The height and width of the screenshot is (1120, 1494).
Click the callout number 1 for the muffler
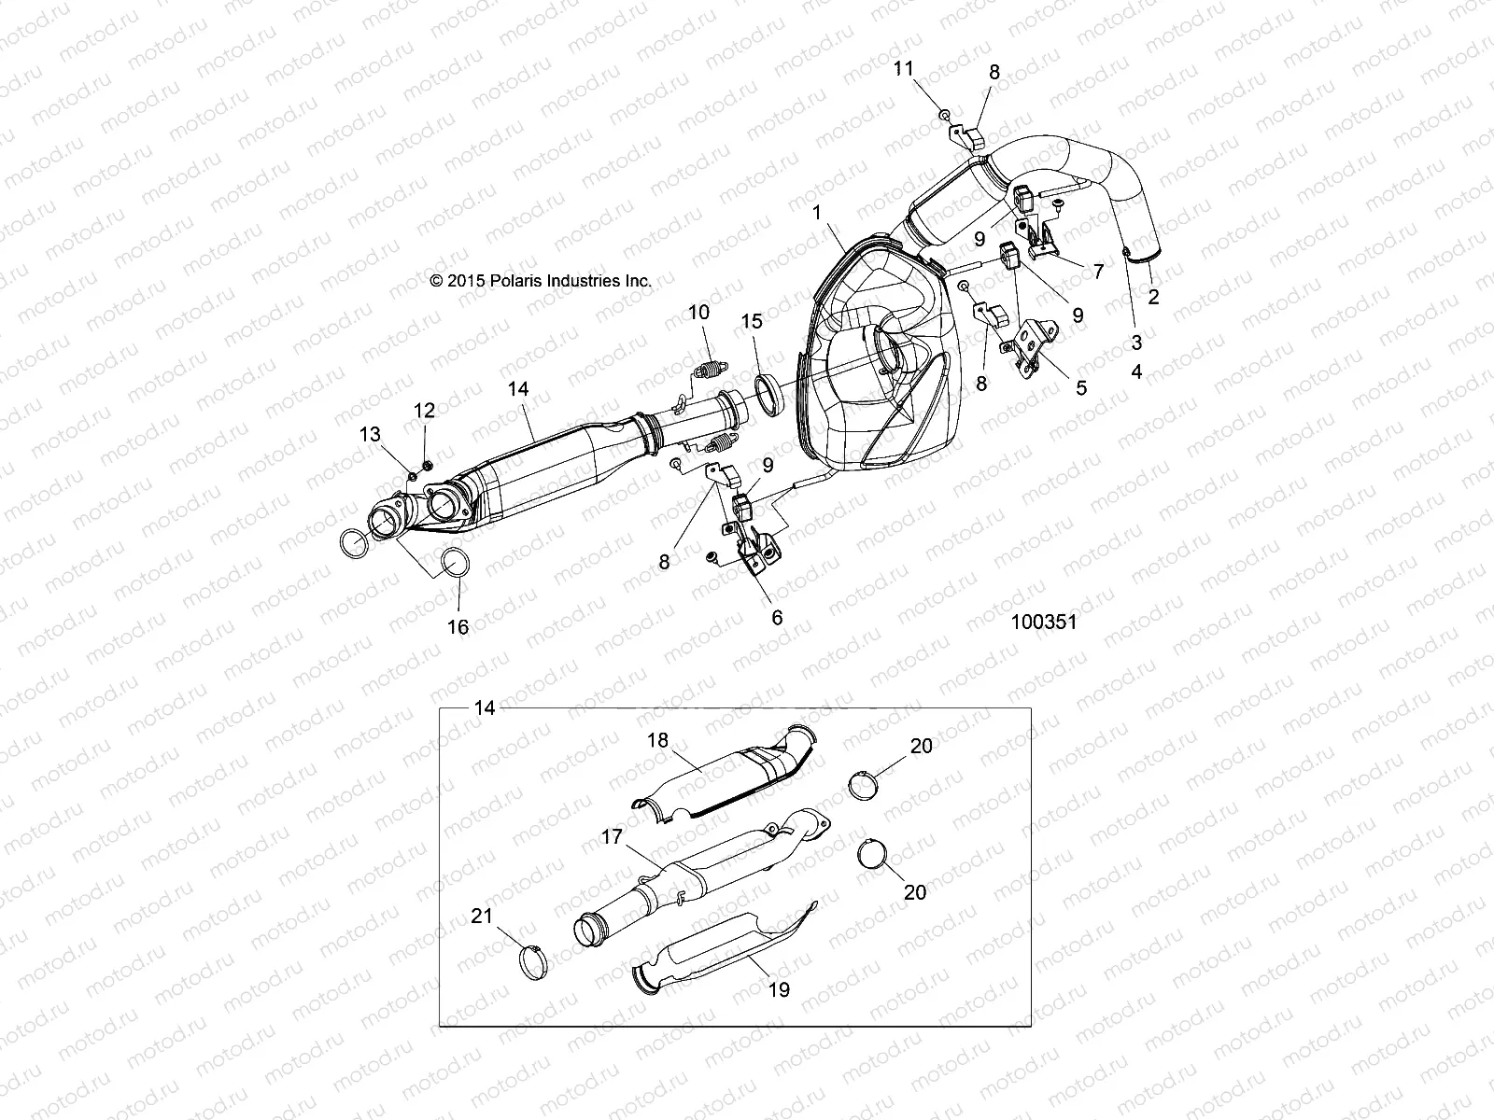817,213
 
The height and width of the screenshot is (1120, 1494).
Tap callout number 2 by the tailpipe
1153,297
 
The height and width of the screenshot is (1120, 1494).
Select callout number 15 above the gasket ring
752,322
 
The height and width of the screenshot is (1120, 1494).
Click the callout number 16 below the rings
458,627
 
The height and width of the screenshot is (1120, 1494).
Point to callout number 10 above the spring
699,312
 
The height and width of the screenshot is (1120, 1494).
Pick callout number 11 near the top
903,68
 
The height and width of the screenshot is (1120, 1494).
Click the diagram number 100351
1043,622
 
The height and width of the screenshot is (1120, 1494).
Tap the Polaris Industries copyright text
540,280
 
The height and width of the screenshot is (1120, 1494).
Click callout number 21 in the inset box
482,917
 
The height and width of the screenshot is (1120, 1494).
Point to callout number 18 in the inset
658,740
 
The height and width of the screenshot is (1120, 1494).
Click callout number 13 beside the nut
371,433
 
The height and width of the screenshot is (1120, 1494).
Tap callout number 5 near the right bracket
1081,386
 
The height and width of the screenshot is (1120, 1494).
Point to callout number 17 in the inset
612,837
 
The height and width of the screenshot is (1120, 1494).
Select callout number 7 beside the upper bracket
1098,272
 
